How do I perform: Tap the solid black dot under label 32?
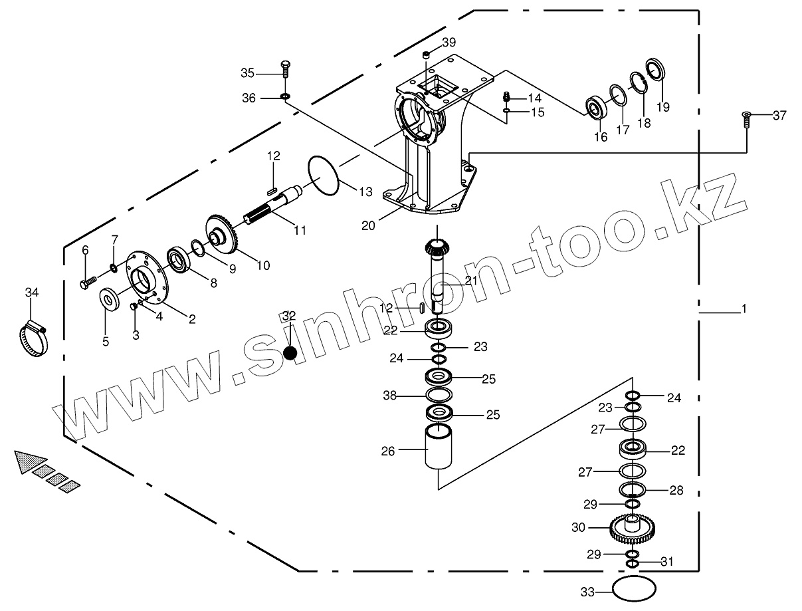point(290,352)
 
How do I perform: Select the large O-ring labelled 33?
point(634,589)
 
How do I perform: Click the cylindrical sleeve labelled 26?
point(439,450)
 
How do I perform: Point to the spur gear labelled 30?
point(631,528)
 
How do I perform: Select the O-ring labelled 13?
point(324,176)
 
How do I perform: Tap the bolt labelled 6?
point(87,283)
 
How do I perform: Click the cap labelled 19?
point(656,70)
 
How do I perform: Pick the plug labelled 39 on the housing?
point(427,55)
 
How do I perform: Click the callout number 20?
point(368,225)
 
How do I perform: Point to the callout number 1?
point(744,309)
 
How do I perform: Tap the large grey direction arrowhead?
point(29,461)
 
